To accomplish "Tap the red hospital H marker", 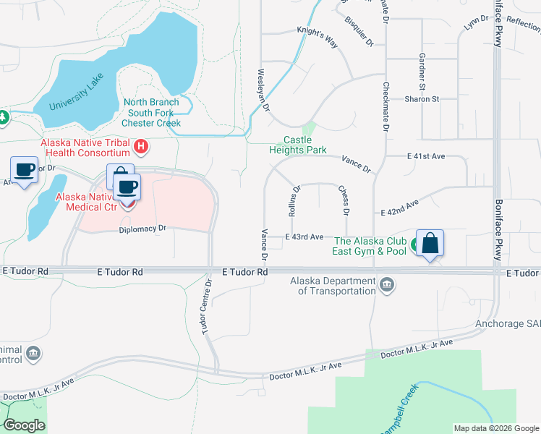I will (x=142, y=147).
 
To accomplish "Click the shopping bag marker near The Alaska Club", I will (x=430, y=244).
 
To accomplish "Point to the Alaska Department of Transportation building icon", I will (x=387, y=284).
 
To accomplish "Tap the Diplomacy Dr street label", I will (x=143, y=229).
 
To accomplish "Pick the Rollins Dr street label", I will (x=294, y=202).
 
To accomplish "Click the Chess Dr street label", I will (x=344, y=200).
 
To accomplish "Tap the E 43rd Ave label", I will (x=304, y=237).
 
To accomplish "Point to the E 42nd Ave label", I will (x=399, y=209).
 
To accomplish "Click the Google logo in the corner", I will (x=25, y=425).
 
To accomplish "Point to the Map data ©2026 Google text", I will (x=496, y=428).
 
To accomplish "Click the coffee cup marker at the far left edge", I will (x=25, y=171).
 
